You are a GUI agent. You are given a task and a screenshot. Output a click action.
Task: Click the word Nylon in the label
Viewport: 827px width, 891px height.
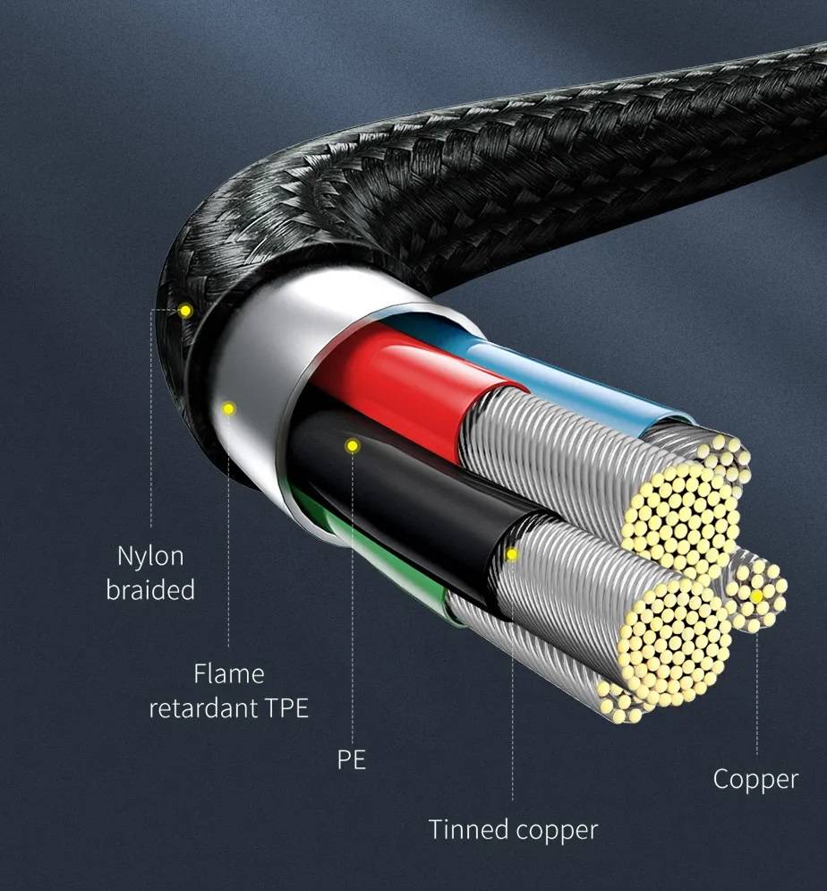tap(150, 556)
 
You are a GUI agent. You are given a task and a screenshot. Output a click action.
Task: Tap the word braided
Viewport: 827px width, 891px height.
tap(150, 589)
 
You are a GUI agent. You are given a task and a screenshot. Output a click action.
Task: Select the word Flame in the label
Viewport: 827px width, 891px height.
tap(229, 674)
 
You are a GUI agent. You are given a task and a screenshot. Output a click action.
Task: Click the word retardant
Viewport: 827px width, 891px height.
tap(203, 708)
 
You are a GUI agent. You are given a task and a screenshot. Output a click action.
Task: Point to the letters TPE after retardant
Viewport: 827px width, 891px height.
tap(286, 708)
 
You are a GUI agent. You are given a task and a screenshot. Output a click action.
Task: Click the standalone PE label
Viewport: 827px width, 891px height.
tap(352, 759)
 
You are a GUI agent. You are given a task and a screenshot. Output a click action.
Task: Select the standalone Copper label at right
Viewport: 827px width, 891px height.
tap(755, 780)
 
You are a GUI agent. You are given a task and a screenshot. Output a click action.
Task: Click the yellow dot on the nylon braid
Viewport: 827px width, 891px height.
tap(185, 311)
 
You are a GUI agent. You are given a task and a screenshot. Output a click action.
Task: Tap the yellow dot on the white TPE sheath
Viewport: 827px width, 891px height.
tap(228, 408)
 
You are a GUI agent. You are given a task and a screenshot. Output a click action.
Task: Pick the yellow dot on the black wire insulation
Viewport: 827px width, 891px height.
tap(352, 446)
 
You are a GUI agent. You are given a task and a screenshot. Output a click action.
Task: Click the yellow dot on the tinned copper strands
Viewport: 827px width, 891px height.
tap(512, 554)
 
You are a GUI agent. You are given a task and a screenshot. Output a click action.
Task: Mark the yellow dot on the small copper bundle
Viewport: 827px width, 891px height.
tap(756, 596)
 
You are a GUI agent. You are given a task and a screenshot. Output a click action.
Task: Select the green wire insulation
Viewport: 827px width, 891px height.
tap(387, 562)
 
